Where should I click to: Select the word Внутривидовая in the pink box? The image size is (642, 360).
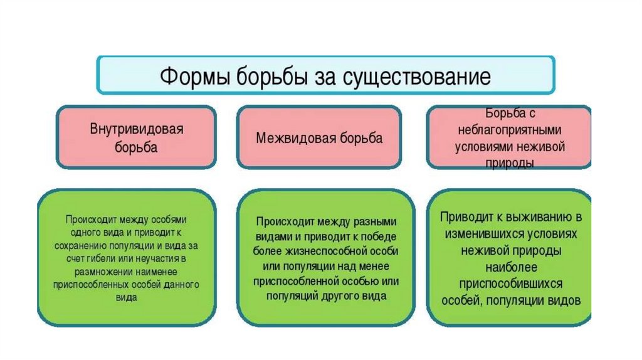point(136,130)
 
